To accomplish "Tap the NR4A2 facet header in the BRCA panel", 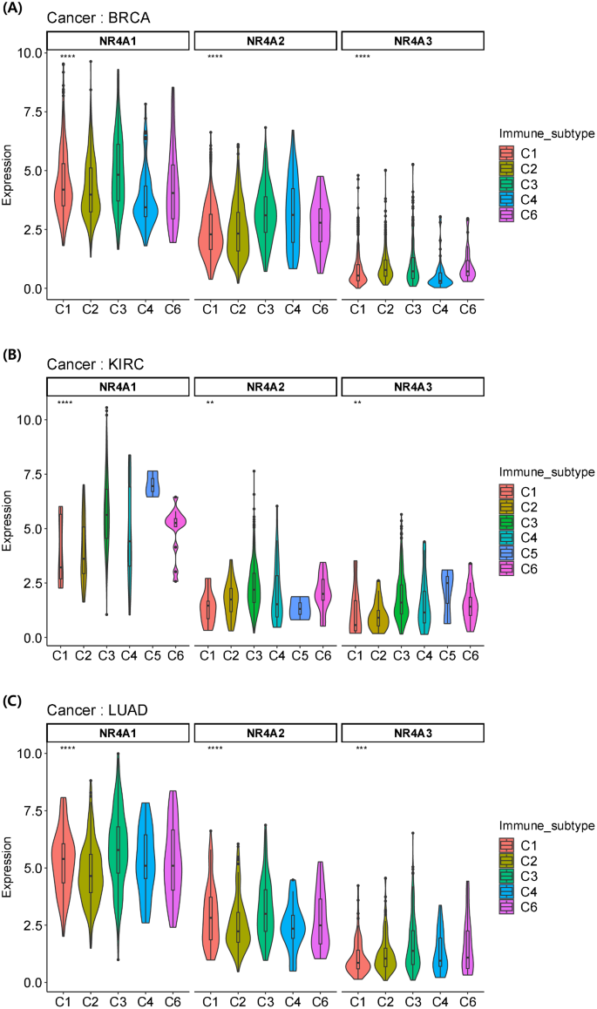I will coord(263,40).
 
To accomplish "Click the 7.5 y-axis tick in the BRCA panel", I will coord(31,112).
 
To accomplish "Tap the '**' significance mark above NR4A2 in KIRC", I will coord(211,403).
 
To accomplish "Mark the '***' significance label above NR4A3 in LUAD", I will coord(361,748).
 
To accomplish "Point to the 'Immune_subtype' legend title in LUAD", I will coord(546,824).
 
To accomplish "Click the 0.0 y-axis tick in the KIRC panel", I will coord(31,639).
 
